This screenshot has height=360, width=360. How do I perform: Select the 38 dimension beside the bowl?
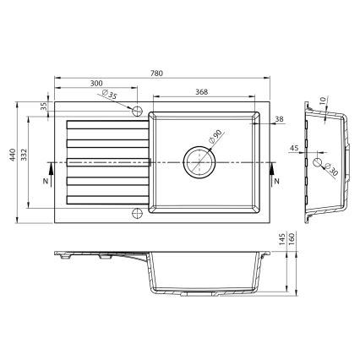[x=278, y=120]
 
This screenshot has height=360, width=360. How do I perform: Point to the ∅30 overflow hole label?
[x=330, y=170]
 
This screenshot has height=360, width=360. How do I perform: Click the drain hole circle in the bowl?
[x=199, y=160]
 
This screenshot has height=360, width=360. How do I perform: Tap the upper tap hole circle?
[x=136, y=110]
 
